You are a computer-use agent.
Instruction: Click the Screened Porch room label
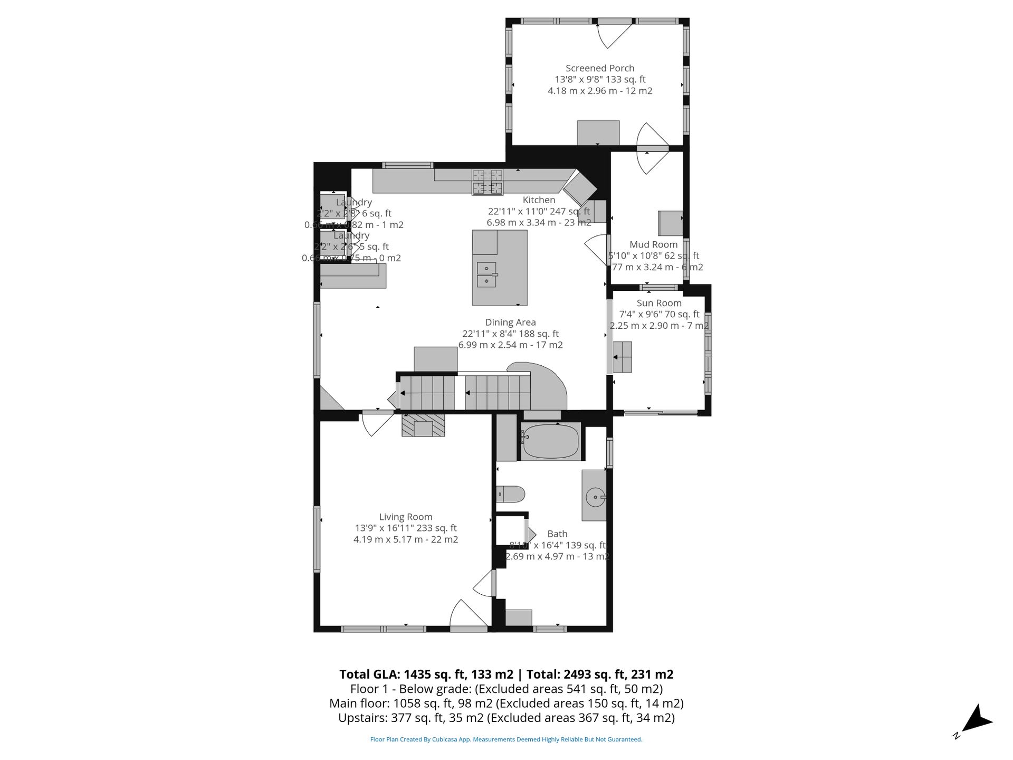pyautogui.click(x=600, y=68)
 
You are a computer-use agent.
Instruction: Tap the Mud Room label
pyautogui.click(x=653, y=244)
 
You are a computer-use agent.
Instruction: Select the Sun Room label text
pyautogui.click(x=659, y=303)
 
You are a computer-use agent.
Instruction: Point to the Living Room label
pyautogui.click(x=405, y=517)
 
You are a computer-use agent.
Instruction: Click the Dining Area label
pyautogui.click(x=510, y=322)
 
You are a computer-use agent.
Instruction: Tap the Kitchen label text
pyautogui.click(x=539, y=200)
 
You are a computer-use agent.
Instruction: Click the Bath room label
pyautogui.click(x=557, y=534)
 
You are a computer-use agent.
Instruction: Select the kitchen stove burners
pyautogui.click(x=488, y=182)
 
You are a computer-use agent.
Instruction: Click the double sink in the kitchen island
pyautogui.click(x=486, y=274)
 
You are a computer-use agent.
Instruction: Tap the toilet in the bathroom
pyautogui.click(x=510, y=495)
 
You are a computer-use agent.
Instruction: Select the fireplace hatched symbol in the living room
pyautogui.click(x=423, y=425)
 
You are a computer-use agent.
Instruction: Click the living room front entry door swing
pyautogui.click(x=468, y=613)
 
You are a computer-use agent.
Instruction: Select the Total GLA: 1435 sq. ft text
pyautogui.click(x=426, y=674)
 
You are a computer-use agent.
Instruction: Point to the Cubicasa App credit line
pyautogui.click(x=506, y=739)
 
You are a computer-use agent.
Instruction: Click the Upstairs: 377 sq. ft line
pyautogui.click(x=506, y=718)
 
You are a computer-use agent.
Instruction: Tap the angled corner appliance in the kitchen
pyautogui.click(x=579, y=189)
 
